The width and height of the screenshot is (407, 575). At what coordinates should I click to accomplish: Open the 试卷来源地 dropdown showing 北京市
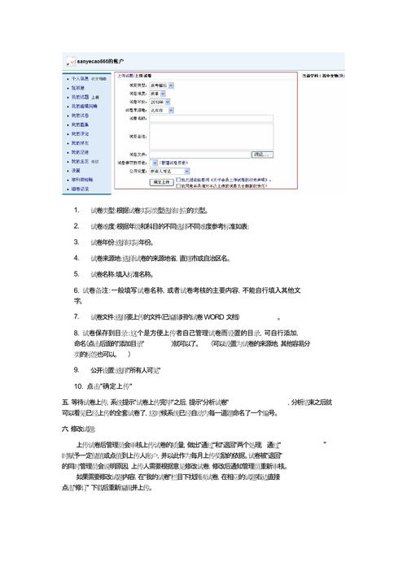[x=160, y=108]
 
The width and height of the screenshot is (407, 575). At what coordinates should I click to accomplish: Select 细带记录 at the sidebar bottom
[x=81, y=188]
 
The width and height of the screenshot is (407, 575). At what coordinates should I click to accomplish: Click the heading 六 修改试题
[x=78, y=428]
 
